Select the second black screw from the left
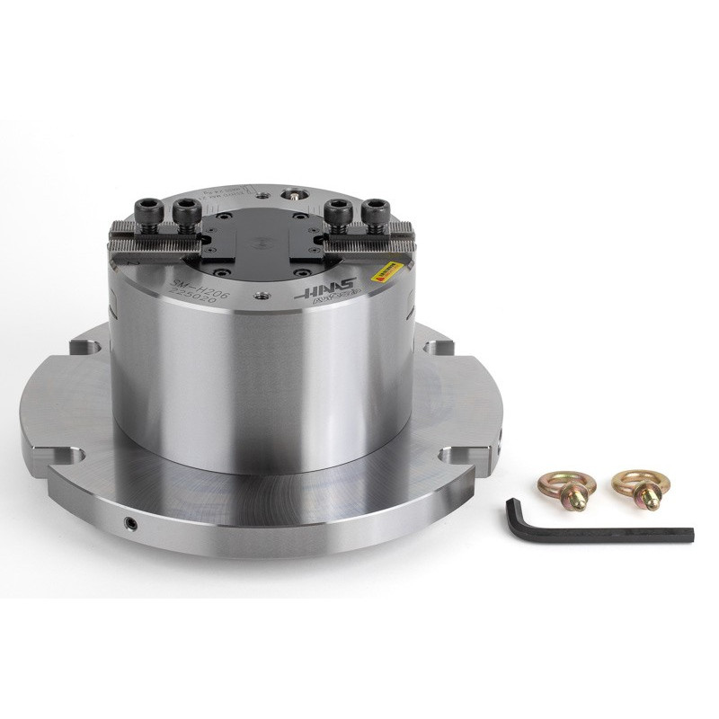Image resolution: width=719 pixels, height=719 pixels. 188,211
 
